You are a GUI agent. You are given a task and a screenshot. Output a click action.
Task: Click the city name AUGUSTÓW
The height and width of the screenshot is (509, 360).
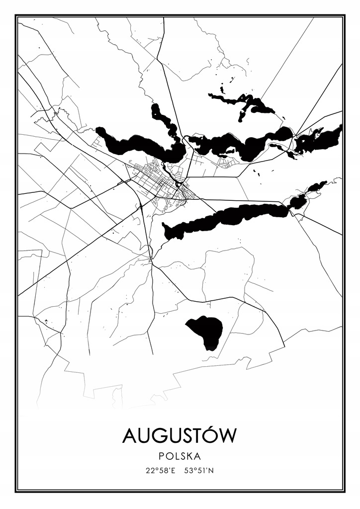[180, 435]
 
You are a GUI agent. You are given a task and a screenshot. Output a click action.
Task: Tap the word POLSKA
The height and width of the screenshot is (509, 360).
[180, 455]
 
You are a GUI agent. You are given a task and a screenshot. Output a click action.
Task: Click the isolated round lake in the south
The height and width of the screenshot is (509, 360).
[205, 330]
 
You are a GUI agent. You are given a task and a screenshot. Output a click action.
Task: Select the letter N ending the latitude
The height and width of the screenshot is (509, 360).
[212, 470]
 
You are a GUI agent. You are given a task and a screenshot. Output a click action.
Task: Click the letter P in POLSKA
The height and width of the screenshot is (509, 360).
[163, 455]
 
